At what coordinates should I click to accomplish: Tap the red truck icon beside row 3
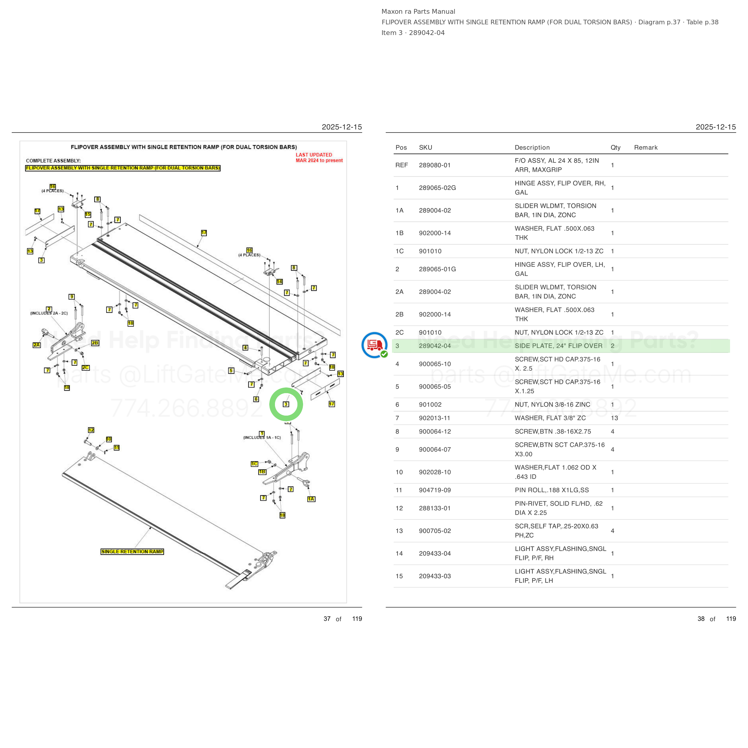(374, 345)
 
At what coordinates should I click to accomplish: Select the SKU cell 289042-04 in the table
(435, 346)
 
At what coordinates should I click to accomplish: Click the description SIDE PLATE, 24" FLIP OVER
(558, 346)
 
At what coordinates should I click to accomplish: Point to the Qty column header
(615, 148)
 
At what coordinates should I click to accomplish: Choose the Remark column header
(646, 148)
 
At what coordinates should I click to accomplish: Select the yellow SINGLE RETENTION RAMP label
(132, 551)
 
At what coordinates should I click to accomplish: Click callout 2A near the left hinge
(37, 345)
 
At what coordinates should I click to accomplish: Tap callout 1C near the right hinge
(254, 464)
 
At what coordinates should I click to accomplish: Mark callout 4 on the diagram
(245, 348)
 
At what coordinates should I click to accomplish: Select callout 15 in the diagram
(88, 215)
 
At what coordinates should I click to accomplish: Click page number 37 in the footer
(327, 619)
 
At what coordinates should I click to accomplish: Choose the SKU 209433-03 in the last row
(435, 576)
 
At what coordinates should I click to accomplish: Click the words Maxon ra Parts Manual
(418, 12)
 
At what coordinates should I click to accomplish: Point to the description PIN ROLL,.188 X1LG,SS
(552, 490)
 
